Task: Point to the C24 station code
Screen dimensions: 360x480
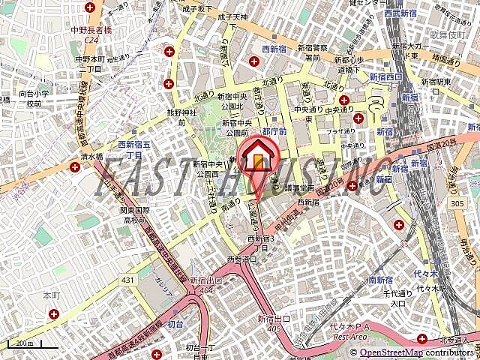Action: (92, 40)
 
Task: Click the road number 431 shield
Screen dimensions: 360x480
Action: (128, 279)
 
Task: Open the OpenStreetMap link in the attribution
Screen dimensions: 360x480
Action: (391, 352)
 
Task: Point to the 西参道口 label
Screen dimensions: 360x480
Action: (241, 259)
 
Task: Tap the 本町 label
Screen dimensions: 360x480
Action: (52, 296)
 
